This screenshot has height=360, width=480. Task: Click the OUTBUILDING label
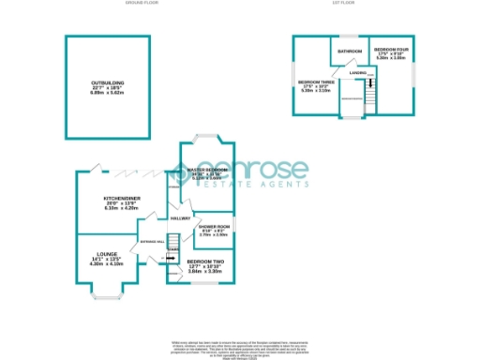tap(108, 82)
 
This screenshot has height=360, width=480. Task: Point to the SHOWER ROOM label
tap(214, 226)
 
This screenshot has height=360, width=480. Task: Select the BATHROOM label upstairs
tap(351, 51)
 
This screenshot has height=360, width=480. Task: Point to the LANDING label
tap(357, 72)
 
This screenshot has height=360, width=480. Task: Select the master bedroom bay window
tap(207, 140)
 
